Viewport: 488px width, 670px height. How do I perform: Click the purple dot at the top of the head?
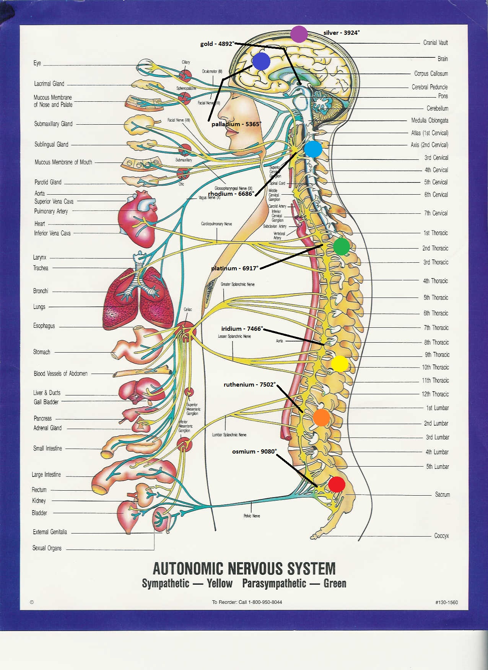[299, 34]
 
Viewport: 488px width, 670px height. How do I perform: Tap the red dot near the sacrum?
[337, 485]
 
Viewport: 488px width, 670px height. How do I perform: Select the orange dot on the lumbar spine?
[321, 417]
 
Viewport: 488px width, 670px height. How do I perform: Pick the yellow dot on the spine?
[339, 363]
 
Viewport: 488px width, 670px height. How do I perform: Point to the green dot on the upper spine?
[341, 247]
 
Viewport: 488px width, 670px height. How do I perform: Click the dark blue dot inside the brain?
[262, 62]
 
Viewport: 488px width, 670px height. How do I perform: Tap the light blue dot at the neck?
[313, 149]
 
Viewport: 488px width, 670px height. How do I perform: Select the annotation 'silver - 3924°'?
[342, 33]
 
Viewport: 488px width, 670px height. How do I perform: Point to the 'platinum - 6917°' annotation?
[235, 268]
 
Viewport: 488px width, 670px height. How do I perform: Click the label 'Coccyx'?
[441, 536]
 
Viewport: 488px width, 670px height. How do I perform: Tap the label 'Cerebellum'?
[437, 109]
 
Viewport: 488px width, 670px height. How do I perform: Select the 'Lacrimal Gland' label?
[49, 84]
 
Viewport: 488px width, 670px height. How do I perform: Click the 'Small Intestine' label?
[47, 448]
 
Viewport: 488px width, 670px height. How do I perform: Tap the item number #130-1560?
[446, 602]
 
